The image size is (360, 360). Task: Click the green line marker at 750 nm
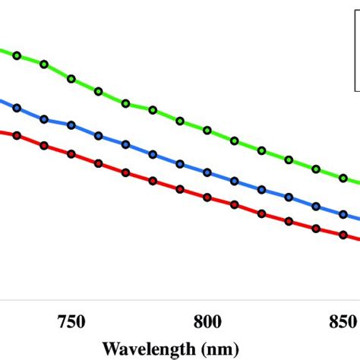(x=71, y=78)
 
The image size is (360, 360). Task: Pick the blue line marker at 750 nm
(x=71, y=124)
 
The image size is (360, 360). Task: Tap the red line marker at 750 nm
(x=71, y=154)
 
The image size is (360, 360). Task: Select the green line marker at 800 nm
(x=207, y=131)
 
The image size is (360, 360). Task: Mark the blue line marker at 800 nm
(x=207, y=172)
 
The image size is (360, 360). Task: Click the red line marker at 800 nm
(x=207, y=197)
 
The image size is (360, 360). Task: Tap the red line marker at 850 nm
(x=343, y=238)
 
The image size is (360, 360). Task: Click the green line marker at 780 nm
(x=153, y=110)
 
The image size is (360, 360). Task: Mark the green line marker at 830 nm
(x=289, y=159)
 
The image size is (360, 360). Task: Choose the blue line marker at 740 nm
(x=44, y=119)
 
